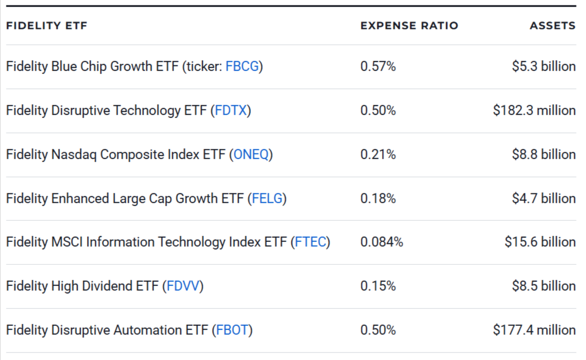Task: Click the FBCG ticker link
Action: click(x=242, y=66)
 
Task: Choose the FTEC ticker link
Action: click(x=310, y=242)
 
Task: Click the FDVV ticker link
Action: click(x=185, y=286)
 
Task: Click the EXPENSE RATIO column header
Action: click(x=409, y=26)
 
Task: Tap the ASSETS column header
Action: click(x=552, y=26)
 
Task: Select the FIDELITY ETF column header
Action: click(x=46, y=26)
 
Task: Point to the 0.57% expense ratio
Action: click(x=378, y=66)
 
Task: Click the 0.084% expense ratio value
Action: click(x=381, y=242)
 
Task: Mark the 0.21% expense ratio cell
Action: click(x=378, y=154)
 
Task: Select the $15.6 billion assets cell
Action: click(x=540, y=242)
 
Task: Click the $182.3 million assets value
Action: click(x=534, y=110)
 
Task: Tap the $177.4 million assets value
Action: click(x=534, y=330)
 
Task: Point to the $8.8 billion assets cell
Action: click(x=544, y=154)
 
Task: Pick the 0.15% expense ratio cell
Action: click(x=378, y=286)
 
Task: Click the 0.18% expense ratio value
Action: click(x=378, y=198)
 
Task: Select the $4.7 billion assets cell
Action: click(x=544, y=198)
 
